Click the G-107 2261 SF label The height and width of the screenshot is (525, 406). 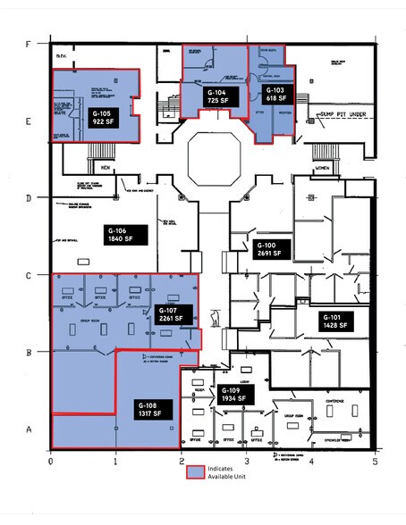point(170,312)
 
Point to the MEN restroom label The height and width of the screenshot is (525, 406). point(106,167)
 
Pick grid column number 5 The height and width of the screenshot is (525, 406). point(376,462)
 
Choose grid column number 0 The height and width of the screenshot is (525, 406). point(51,462)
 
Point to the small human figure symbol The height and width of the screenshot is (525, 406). point(215,318)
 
